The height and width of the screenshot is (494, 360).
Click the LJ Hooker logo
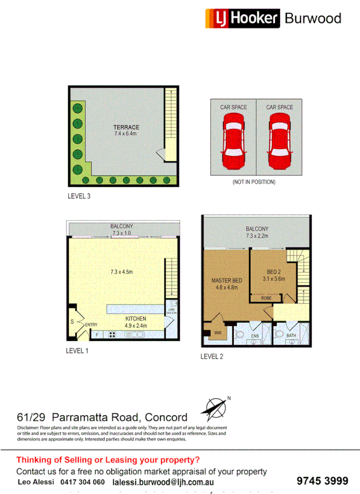pyautogui.click(x=242, y=18)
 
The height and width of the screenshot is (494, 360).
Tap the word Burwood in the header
pyautogui.click(x=313, y=19)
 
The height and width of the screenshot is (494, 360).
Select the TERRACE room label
pyautogui.click(x=126, y=127)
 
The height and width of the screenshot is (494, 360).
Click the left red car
pyautogui.click(x=233, y=140)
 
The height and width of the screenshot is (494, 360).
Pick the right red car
pyautogui.click(x=279, y=140)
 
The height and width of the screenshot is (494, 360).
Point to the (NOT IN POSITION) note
pyautogui.click(x=254, y=182)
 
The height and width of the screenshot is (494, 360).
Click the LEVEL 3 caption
pyautogui.click(x=78, y=197)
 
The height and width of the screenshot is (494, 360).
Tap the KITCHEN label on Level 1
pyautogui.click(x=135, y=318)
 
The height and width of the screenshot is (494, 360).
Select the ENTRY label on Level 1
pyautogui.click(x=91, y=325)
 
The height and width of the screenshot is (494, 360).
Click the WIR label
pyautogui.click(x=218, y=333)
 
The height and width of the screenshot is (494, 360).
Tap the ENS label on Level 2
pyautogui.click(x=254, y=336)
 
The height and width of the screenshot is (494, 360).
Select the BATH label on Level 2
pyautogui.click(x=291, y=336)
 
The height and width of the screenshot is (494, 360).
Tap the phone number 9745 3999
pyautogui.click(x=322, y=481)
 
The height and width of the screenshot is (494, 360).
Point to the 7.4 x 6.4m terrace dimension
pyautogui.click(x=126, y=134)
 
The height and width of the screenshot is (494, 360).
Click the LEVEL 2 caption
pyautogui.click(x=212, y=356)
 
